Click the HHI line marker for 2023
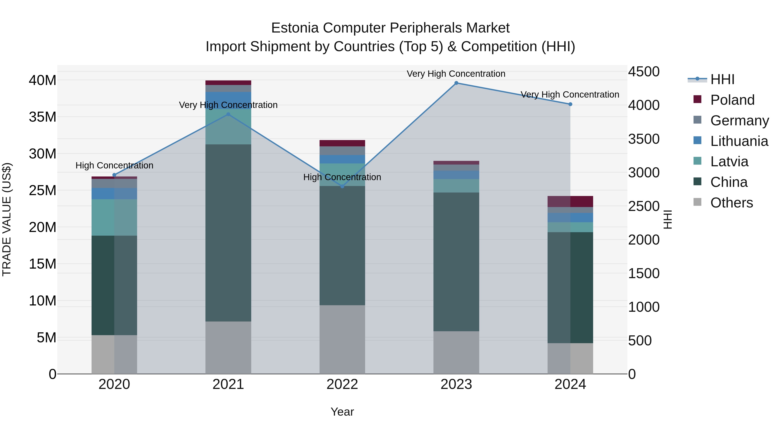pos(456,83)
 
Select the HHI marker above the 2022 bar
pos(342,186)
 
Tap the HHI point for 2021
pos(228,114)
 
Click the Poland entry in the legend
pos(732,100)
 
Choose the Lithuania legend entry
pos(739,141)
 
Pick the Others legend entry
pos(731,202)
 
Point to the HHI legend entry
pos(722,79)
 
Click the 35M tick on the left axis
pos(43,117)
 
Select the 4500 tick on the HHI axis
pos(644,72)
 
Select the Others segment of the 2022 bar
pos(342,339)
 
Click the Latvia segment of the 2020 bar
pos(114,217)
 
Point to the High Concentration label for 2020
pos(114,165)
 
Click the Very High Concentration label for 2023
pos(456,74)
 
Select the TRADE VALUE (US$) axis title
pos(7,219)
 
